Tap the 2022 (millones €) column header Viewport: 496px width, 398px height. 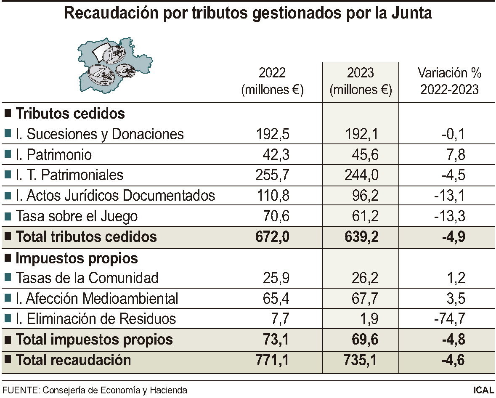tap(272, 81)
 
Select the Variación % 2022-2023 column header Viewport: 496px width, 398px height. tap(449, 81)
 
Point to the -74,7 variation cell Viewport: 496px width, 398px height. tap(449, 319)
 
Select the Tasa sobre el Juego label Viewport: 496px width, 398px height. tap(77, 216)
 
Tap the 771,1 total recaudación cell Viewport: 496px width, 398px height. tap(272, 360)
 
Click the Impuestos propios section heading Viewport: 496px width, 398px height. tap(77, 257)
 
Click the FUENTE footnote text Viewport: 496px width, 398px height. tap(95, 390)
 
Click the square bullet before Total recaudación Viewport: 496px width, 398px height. tap(8, 360)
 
